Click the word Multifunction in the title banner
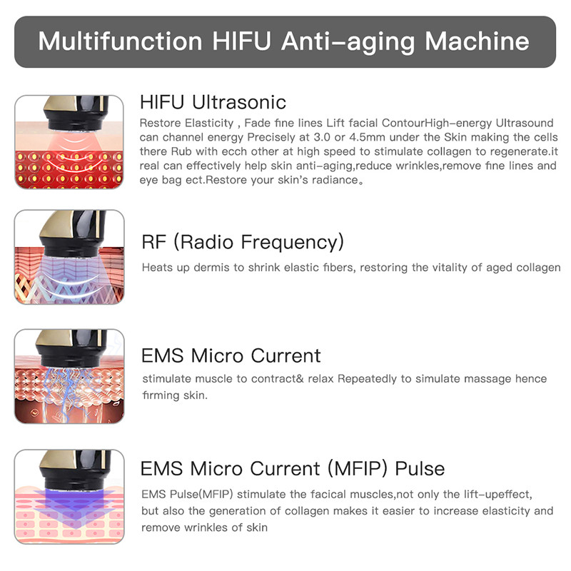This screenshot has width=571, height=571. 119,41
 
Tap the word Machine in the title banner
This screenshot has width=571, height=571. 477,41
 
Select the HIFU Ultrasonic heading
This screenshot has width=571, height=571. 213,101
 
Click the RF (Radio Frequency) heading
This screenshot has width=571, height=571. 243,242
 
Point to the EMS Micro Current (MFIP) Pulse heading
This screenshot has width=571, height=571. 293,468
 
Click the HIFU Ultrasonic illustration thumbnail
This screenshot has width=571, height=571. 69,141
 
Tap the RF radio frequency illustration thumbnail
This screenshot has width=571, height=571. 69,257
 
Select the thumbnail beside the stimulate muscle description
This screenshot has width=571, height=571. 69,376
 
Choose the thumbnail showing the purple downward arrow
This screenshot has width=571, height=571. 69,496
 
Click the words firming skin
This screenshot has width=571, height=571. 175,395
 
